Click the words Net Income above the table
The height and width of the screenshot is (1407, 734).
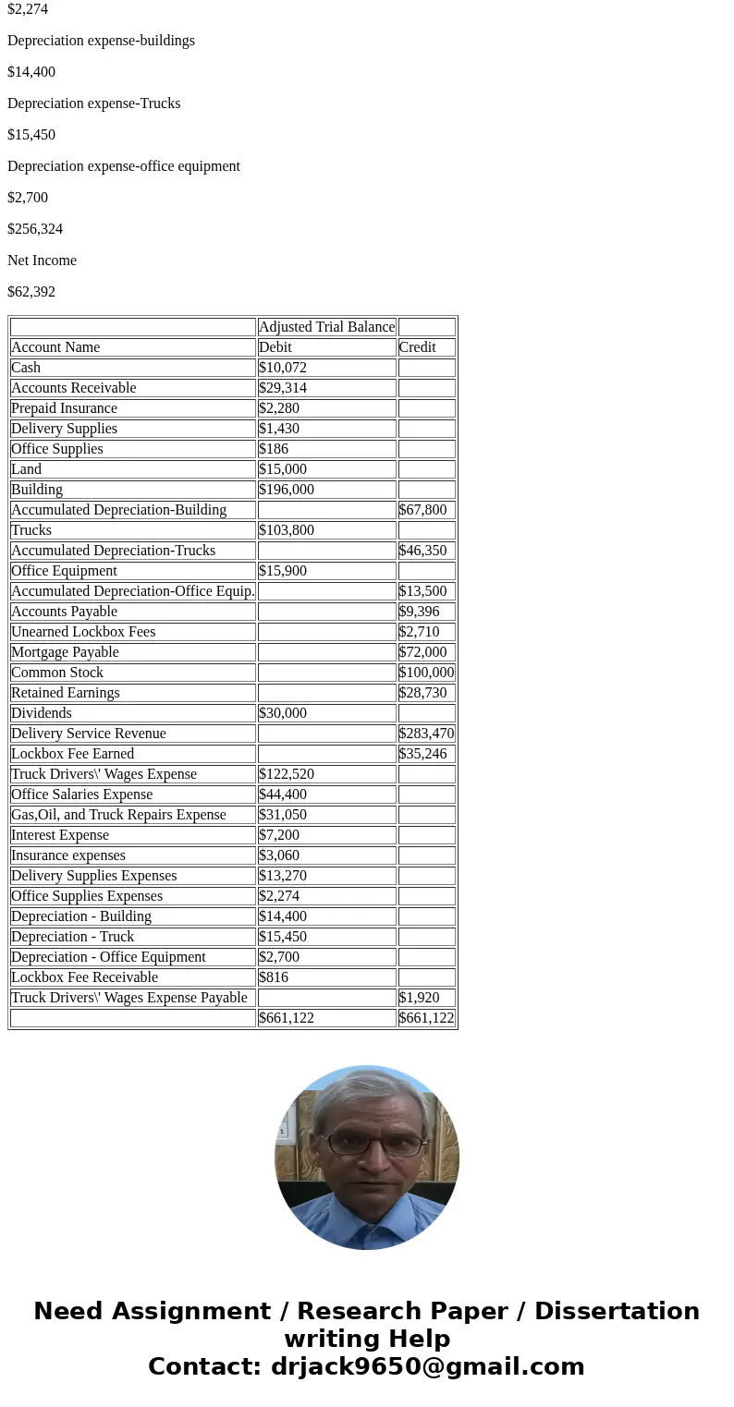click(42, 261)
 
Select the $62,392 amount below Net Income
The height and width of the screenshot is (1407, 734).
click(31, 292)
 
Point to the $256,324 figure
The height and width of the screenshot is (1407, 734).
click(35, 229)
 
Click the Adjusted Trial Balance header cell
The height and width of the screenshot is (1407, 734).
click(326, 327)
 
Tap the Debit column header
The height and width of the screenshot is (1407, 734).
click(275, 347)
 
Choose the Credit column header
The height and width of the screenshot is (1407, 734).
click(417, 347)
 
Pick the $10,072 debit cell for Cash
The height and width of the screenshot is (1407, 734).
click(283, 368)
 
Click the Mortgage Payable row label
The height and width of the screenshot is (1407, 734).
click(65, 652)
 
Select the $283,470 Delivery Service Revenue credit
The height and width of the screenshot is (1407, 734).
click(426, 734)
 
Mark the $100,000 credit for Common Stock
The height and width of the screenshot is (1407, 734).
click(426, 673)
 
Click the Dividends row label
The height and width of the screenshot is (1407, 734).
click(42, 713)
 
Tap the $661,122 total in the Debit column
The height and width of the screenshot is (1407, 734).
click(287, 1018)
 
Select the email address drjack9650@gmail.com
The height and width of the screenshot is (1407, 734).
click(427, 1367)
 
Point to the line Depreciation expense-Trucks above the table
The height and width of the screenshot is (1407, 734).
click(94, 103)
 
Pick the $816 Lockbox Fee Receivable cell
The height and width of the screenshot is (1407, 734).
click(275, 977)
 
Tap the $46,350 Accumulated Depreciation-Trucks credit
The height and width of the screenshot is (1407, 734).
click(422, 551)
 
